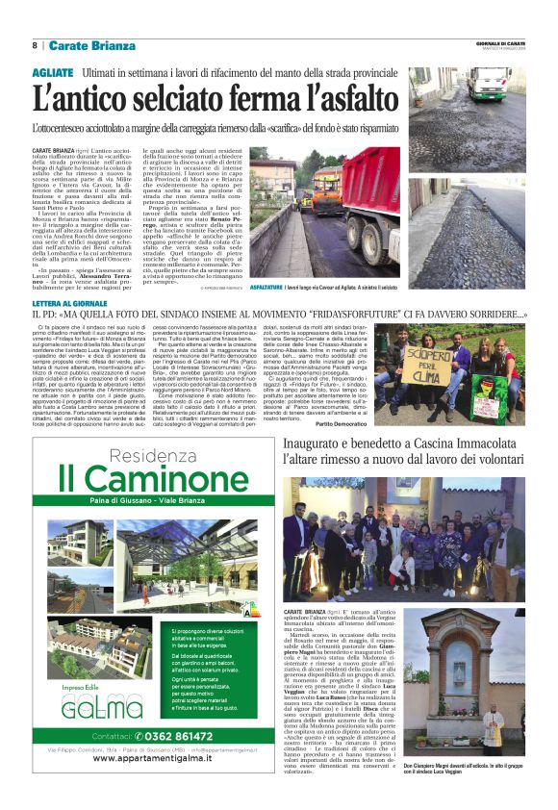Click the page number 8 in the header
click(36, 45)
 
